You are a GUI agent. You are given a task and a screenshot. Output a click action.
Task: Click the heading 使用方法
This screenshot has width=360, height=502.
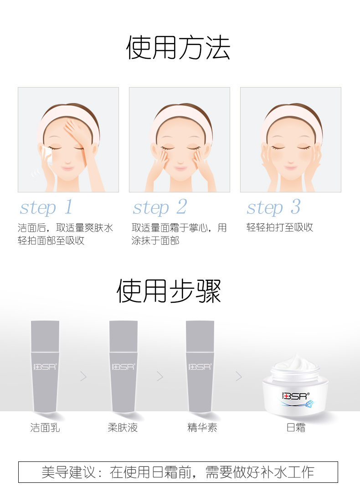[x=178, y=48]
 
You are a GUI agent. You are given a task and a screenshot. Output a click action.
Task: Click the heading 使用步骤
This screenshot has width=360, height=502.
[x=169, y=291]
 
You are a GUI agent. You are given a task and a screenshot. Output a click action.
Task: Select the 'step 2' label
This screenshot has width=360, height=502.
[x=160, y=207]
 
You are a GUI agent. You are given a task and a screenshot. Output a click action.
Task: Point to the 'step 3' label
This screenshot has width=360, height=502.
[x=273, y=207]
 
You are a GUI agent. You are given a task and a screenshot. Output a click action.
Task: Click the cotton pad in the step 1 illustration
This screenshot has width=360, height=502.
[x=47, y=154]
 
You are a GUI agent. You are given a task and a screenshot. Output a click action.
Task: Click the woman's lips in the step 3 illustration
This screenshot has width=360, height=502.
[x=291, y=167]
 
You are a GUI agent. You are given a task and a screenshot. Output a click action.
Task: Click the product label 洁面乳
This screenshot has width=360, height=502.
[x=45, y=427]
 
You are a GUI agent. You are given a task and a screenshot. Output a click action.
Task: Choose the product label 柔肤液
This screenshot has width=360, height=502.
[x=123, y=427]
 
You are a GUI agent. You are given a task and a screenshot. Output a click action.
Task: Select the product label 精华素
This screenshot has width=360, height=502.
[x=202, y=427]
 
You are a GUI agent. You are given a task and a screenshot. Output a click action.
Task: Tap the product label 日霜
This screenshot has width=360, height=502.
[x=296, y=427]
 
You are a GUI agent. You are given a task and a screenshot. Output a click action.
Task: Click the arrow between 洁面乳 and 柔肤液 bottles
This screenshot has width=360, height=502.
[x=83, y=377]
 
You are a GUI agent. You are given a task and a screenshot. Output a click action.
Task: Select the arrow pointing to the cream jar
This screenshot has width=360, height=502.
[x=239, y=377]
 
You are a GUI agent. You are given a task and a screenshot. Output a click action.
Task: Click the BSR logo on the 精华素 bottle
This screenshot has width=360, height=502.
[x=200, y=367]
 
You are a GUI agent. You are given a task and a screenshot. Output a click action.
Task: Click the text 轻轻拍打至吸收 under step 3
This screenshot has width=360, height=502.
[x=280, y=228]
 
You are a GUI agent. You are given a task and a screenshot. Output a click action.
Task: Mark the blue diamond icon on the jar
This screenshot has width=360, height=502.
[x=310, y=404]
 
